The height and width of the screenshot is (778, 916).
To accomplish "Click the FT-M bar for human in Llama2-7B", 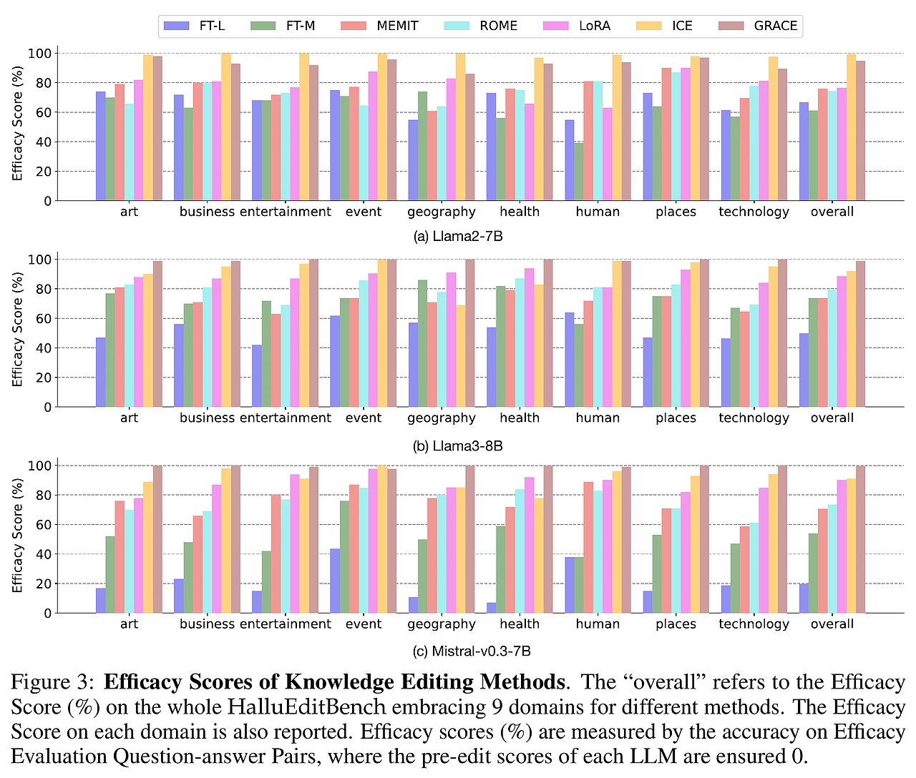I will coord(579,172).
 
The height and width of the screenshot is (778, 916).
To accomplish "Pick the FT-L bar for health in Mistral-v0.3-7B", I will coord(491,608).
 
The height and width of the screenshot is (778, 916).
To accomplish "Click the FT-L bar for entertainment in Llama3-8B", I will coord(256,376).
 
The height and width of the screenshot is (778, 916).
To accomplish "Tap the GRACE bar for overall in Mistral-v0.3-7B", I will coord(860,540).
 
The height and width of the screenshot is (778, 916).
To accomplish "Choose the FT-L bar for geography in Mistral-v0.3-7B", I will coord(413,605).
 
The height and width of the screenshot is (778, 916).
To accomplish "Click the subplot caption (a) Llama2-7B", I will coord(458,236).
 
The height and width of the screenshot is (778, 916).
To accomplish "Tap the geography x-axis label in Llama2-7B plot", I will coord(442,212).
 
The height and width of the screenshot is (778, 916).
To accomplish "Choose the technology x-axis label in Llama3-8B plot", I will coord(754,418).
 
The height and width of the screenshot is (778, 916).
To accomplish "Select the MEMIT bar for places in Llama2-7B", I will coord(666,134).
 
